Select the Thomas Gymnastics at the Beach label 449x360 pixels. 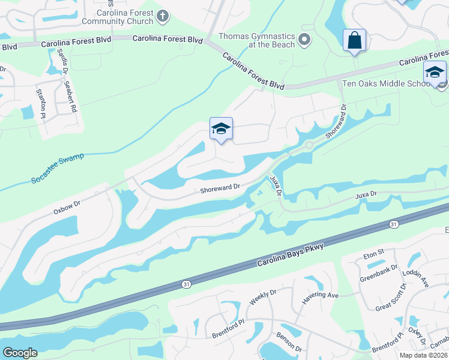257,40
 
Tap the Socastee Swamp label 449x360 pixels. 57,169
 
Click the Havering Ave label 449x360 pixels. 321,295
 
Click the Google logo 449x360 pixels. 20,353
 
